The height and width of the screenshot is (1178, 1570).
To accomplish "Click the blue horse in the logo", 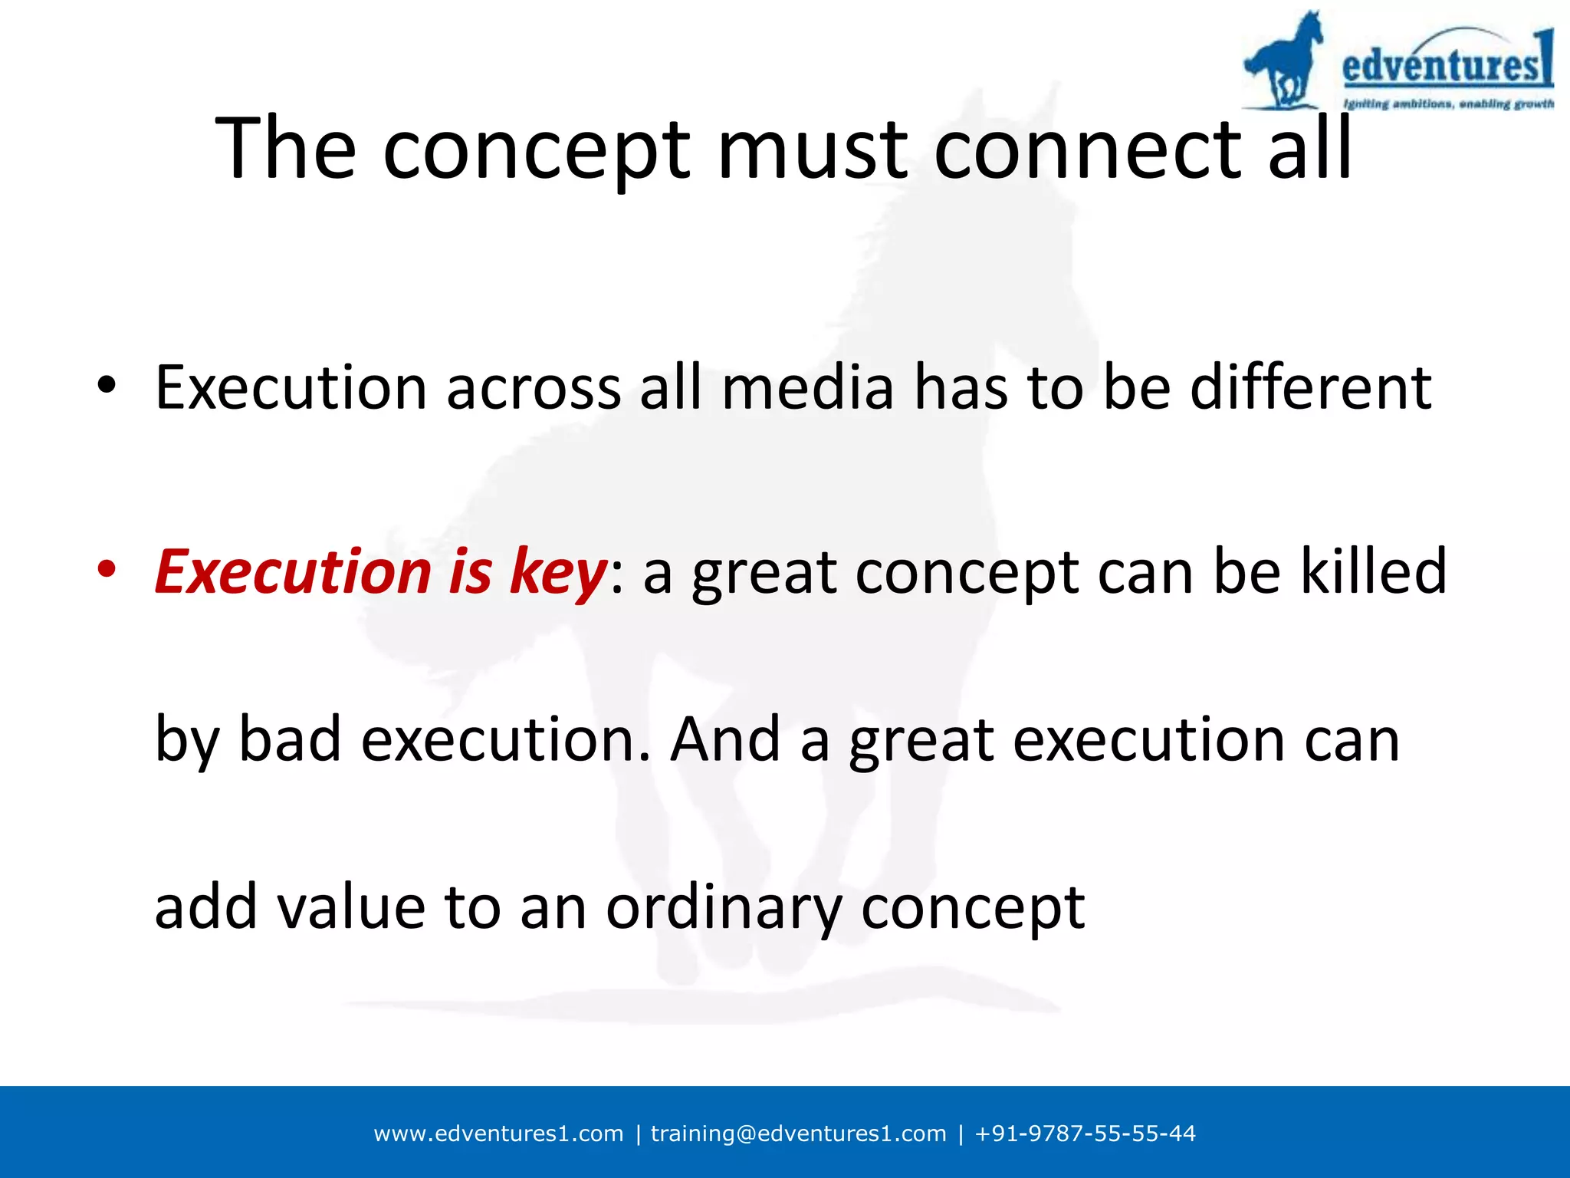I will (x=1284, y=61).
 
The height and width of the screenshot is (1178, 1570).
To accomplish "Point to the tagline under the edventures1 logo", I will (x=1447, y=104).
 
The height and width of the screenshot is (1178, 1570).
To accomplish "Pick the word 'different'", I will (x=1310, y=387).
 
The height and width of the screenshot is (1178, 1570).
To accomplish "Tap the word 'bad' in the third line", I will (x=290, y=739).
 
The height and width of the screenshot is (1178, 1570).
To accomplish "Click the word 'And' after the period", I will (x=725, y=739).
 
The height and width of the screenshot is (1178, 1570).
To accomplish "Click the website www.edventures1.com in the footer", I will (x=498, y=1134).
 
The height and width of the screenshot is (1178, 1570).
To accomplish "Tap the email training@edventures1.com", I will (x=798, y=1134).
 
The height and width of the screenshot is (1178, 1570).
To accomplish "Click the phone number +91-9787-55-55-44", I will (x=1084, y=1134).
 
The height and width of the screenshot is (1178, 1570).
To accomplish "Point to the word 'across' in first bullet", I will (x=533, y=387).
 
